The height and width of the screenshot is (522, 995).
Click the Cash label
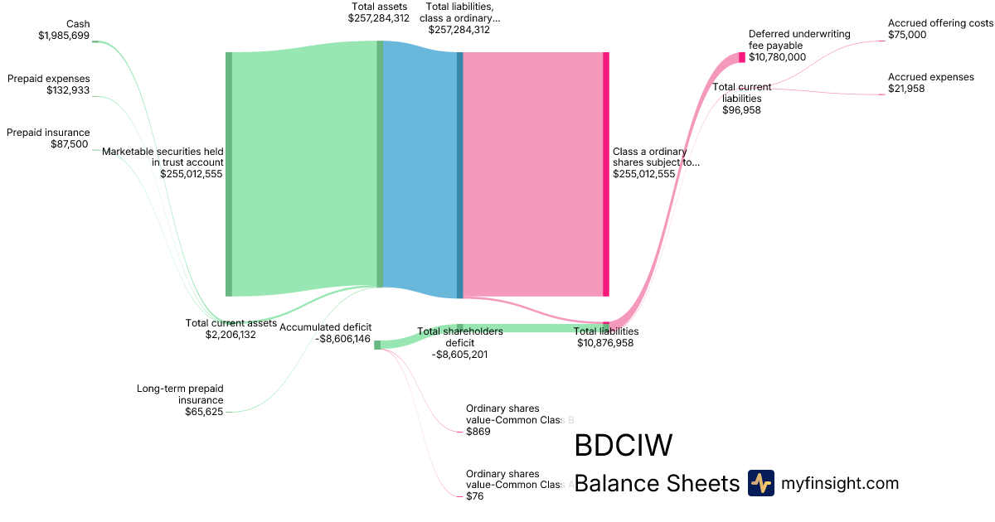coord(77,24)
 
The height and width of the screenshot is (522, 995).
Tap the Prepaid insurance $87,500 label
coord(48,138)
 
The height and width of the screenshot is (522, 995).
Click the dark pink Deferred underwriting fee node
coord(742,57)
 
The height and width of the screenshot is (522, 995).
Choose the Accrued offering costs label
coord(939,23)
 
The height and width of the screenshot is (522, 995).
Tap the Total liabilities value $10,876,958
coord(605,342)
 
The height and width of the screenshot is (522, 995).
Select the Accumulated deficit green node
coord(377,345)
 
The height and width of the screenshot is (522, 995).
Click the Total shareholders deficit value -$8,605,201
coord(459,354)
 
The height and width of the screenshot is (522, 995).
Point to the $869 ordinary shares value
coord(478,432)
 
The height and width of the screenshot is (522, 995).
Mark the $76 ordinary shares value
coord(474,495)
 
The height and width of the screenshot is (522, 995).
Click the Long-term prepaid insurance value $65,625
coord(204,412)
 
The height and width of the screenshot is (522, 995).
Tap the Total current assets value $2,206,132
coord(231,335)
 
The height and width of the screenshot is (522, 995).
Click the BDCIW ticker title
coord(622,446)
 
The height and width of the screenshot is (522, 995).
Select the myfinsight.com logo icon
coord(760,483)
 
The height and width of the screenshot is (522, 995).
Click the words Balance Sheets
coord(656,483)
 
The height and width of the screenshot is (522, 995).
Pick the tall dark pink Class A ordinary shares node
coord(606,174)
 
